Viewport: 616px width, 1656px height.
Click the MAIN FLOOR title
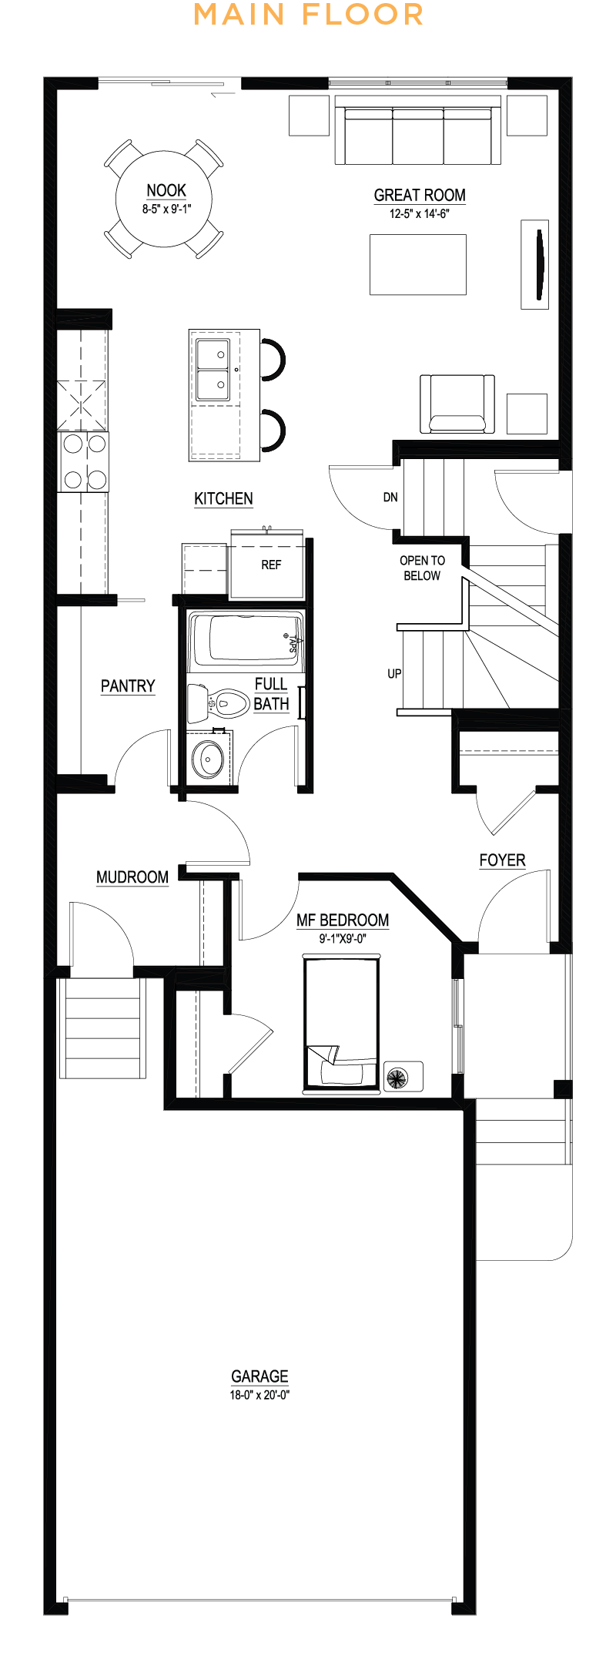click(x=308, y=15)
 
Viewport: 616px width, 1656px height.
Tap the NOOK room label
click(x=166, y=190)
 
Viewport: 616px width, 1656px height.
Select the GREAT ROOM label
click(x=420, y=196)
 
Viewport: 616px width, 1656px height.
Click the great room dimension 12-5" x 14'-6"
click(x=419, y=214)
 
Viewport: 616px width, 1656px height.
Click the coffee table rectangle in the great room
click(x=418, y=265)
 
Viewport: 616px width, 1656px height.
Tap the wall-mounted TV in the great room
click(x=537, y=264)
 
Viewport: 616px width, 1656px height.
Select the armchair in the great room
click(x=457, y=404)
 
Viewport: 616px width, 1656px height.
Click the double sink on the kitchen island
click(x=213, y=370)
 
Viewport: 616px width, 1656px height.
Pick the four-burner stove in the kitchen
click(x=85, y=461)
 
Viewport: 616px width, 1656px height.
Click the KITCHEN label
click(x=223, y=498)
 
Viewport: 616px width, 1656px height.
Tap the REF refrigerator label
click(x=271, y=565)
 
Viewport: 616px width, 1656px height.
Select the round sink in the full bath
click(x=208, y=759)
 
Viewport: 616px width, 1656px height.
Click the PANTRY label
click(x=128, y=686)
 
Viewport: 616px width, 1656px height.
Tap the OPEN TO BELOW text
click(x=422, y=568)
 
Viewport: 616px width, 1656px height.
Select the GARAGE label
click(x=259, y=1376)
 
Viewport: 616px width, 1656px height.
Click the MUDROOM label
click(x=132, y=877)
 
